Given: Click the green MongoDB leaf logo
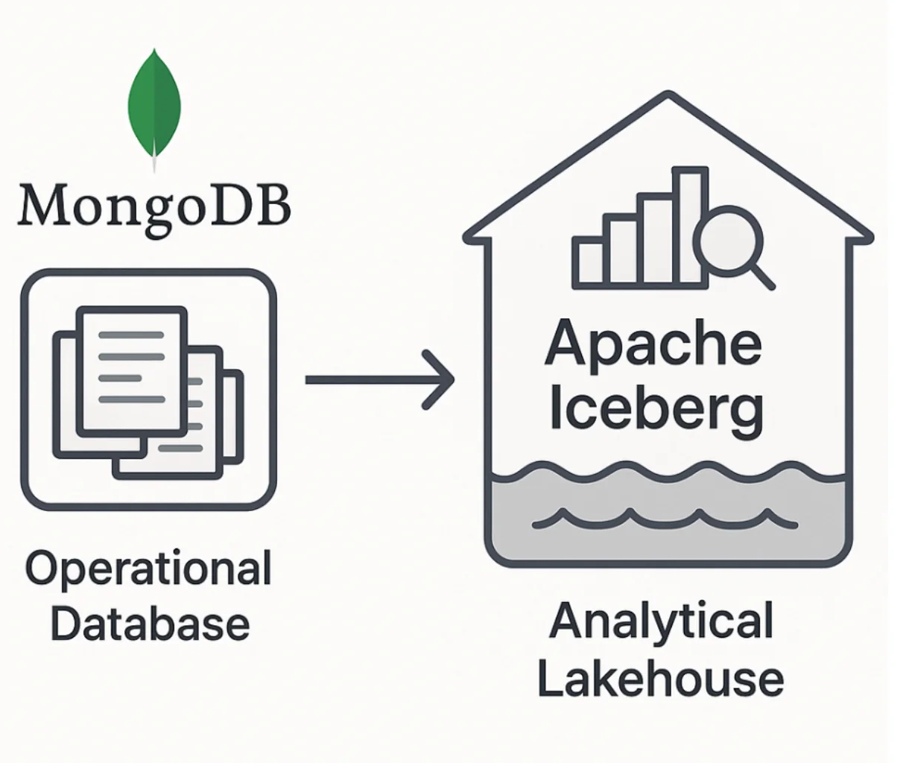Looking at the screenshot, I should click(x=154, y=104).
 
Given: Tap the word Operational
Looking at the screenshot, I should click(x=149, y=570).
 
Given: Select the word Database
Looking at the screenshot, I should click(x=150, y=624).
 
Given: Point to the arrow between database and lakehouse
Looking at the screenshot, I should click(x=373, y=379).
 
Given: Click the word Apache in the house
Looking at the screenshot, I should click(x=653, y=344).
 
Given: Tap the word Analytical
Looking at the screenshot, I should click(x=661, y=621).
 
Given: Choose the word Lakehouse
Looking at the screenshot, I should click(x=660, y=680).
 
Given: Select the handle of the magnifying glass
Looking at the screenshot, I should click(x=761, y=275).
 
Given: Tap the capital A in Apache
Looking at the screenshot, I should click(x=566, y=344).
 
